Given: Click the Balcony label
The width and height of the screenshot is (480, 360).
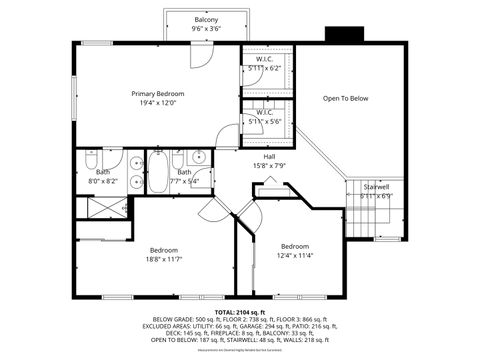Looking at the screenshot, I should click(206, 20).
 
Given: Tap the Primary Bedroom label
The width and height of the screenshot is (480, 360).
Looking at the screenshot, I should click(158, 94).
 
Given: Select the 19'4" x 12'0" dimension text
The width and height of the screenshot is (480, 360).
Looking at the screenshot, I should click(158, 103).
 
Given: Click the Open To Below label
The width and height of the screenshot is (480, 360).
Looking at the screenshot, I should click(345, 98).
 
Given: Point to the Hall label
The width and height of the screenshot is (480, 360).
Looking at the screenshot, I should click(269, 156).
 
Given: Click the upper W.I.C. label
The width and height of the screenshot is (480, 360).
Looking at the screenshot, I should click(265, 59).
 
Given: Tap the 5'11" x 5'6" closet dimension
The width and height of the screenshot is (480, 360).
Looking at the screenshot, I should click(265, 120).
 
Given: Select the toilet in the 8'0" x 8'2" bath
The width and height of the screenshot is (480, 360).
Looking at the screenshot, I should click(89, 161).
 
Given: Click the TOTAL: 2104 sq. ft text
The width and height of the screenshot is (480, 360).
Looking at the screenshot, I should click(239, 312).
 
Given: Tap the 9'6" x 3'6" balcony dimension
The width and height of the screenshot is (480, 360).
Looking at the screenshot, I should click(206, 29).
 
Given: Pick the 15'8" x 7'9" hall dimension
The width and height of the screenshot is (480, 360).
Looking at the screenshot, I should click(269, 165).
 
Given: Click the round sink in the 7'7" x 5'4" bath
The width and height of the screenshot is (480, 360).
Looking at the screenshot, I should click(198, 157).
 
